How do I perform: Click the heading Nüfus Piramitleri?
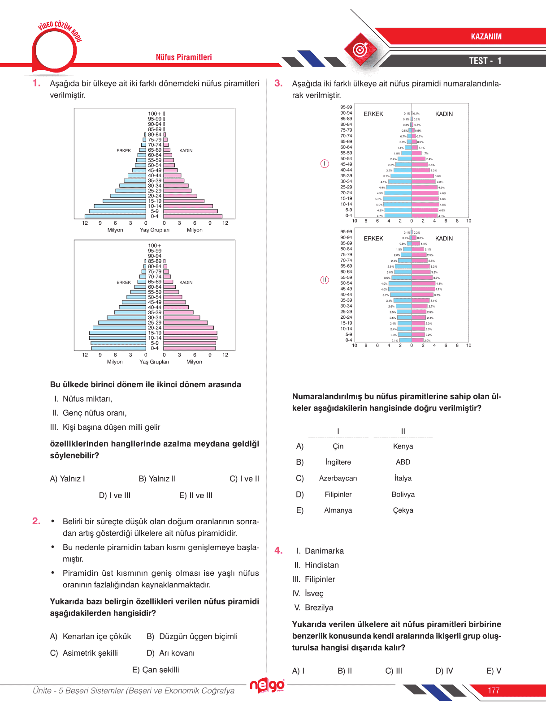pos(184,57)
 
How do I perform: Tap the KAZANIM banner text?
pos(486,37)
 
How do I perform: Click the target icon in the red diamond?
pos(360,50)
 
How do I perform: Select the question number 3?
pos(278,83)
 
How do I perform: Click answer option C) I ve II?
pos(244,479)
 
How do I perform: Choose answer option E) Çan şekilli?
pos(156,670)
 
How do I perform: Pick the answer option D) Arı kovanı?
pos(171,653)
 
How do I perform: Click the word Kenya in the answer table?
pos(403,446)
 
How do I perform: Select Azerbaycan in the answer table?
pos(338,478)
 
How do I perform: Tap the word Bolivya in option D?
pos(403,494)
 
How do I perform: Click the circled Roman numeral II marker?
pos(325,280)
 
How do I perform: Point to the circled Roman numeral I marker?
pos(325,164)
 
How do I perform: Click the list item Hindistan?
pos(321,565)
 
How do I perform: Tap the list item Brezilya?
pos(319,607)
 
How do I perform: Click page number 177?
pos(494,690)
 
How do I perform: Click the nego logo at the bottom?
pos(267,685)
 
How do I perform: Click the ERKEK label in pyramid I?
pos(373,114)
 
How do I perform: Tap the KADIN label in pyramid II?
pos(444,239)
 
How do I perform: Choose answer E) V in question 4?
pos(494,671)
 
